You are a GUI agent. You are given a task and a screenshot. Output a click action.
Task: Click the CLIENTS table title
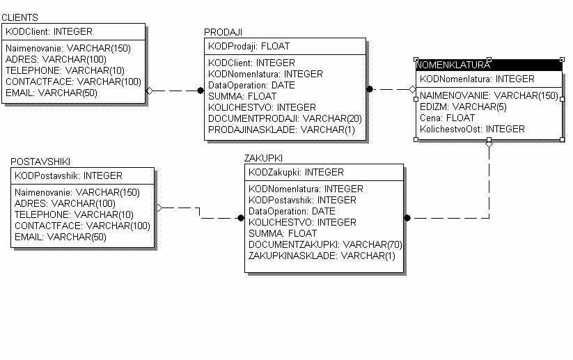point(19,17)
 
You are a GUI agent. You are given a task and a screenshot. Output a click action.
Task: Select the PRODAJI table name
point(223,32)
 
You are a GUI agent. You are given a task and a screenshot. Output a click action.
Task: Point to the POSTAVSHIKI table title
point(40,162)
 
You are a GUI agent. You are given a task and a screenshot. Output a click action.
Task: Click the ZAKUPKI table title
point(263,159)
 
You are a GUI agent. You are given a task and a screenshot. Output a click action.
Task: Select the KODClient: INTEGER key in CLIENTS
point(49,31)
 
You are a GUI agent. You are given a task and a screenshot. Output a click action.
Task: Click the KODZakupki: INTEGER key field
point(296,172)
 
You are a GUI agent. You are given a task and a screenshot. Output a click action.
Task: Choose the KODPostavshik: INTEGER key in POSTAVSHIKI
point(68,175)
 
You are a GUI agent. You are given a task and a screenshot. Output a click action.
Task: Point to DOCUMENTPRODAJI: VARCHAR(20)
point(285,118)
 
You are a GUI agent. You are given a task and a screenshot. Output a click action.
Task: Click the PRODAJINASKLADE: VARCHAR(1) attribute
point(281,130)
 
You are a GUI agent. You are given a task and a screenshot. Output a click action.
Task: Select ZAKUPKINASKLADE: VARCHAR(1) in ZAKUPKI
point(322,256)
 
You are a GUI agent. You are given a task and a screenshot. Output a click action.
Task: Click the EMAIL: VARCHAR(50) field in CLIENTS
point(52,93)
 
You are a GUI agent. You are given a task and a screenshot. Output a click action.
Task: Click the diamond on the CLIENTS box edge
point(149,91)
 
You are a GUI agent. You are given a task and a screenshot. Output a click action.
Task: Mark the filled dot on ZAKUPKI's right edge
point(407,218)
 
